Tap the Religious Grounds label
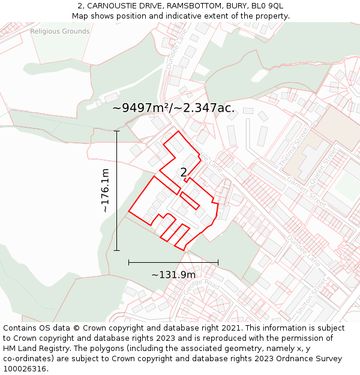click(60, 31)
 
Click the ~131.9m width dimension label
click(173, 275)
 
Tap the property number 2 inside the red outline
click(184, 173)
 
